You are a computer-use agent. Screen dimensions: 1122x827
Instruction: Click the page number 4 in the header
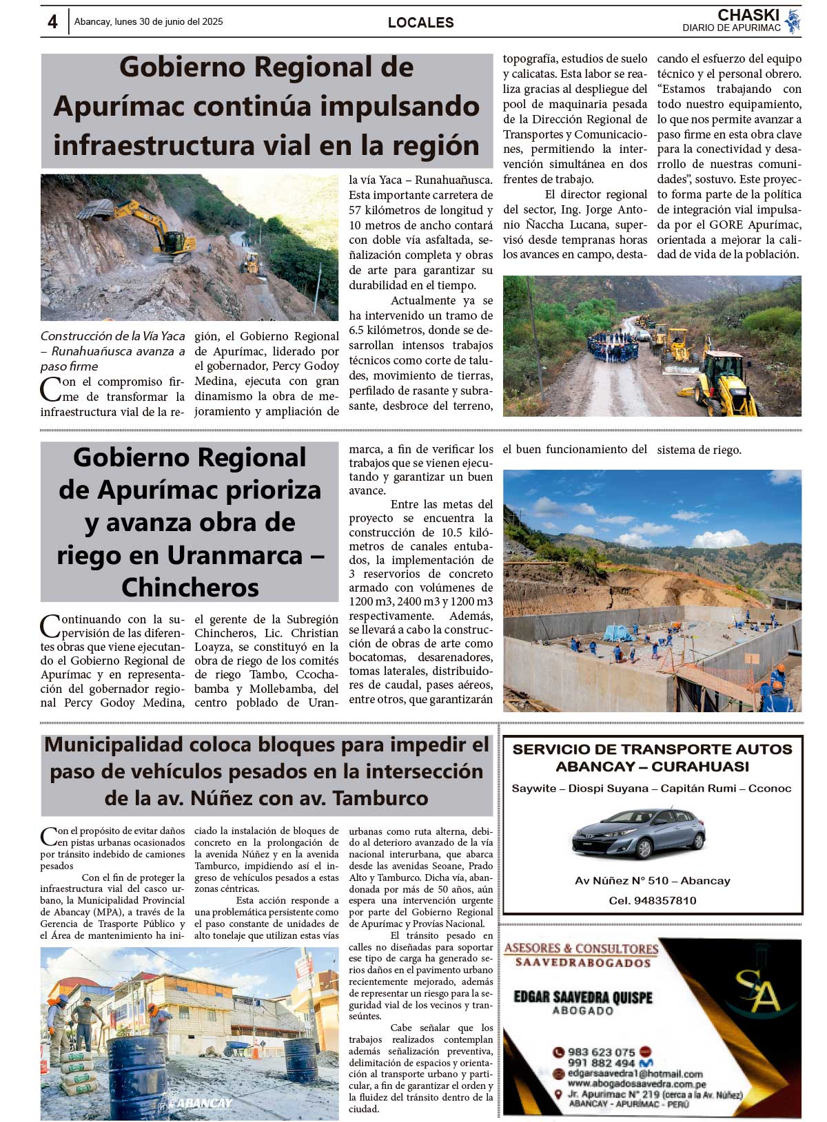[x=52, y=22]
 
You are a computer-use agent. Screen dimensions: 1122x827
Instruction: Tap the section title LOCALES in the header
[x=420, y=23]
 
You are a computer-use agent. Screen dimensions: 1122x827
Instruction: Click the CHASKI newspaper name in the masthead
[x=748, y=15]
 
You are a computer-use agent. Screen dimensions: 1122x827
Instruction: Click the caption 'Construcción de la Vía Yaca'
[x=112, y=336]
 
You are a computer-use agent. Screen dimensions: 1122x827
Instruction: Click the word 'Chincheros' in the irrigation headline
[x=190, y=588]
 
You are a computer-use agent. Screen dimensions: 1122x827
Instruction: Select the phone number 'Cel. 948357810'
[x=652, y=900]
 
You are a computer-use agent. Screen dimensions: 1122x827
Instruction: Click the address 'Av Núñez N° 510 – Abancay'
[x=652, y=881]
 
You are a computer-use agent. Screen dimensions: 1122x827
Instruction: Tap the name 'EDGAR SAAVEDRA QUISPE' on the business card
[x=582, y=997]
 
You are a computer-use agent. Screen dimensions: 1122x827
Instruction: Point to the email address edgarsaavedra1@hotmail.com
[x=635, y=1074]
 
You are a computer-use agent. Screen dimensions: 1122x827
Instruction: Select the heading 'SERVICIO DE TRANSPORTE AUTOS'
[x=652, y=749]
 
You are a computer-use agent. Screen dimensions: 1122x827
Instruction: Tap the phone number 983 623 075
[x=601, y=1052]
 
